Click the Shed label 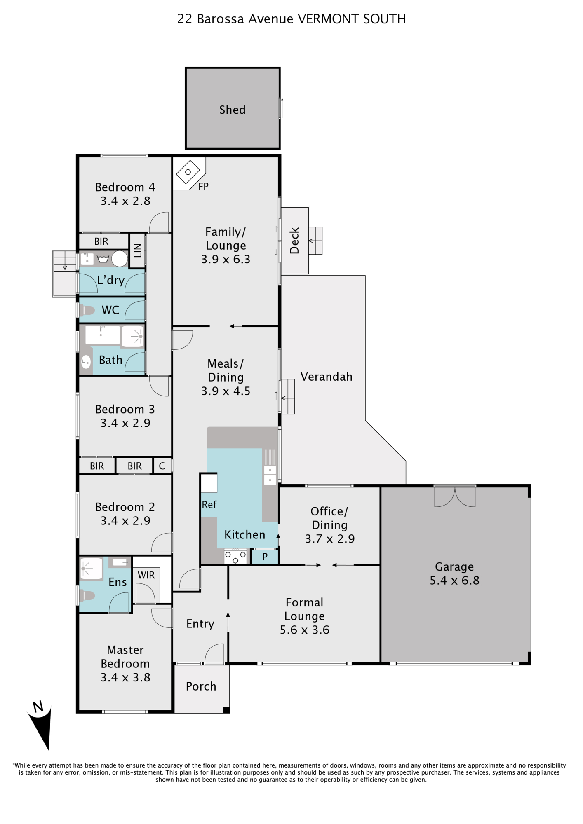pos(232,110)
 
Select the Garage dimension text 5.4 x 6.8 pos(454,581)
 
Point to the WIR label pos(146,575)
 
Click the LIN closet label pos(138,250)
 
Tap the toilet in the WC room pos(87,310)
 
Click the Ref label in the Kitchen pos(209,505)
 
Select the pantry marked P pos(265,557)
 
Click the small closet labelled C pos(162,466)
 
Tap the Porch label pos(201,686)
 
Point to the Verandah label pos(326,377)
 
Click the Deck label pos(294,241)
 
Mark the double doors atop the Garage pos(455,496)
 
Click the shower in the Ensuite pos(91,569)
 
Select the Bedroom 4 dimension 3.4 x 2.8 pos(125,201)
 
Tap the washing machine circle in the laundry pos(120,259)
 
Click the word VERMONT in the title pos(328,19)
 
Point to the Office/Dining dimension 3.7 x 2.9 pos(330,539)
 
